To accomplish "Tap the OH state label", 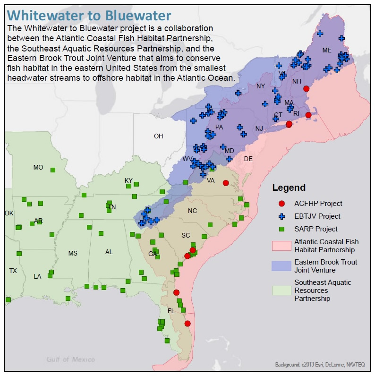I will click(x=158, y=136).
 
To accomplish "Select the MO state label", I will click(x=38, y=167).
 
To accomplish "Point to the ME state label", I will click(x=327, y=50).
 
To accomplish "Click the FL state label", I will click(x=171, y=311).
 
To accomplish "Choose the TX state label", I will click(x=13, y=271).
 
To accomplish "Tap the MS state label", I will click(x=73, y=253).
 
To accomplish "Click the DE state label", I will click(x=248, y=159).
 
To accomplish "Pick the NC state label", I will click(x=192, y=211).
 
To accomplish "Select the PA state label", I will click(x=219, y=127).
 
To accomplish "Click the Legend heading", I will click(x=289, y=188).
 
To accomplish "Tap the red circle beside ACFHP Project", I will click(x=282, y=204).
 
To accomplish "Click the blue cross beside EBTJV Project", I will click(x=282, y=216).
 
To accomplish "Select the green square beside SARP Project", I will click(x=282, y=229).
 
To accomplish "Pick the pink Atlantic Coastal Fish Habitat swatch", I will click(x=281, y=246).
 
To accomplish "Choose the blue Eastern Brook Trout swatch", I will click(x=281, y=266).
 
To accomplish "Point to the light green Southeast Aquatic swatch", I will click(x=281, y=290).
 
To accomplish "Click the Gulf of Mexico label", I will click(x=70, y=359).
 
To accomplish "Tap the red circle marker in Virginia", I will click(x=226, y=183).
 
